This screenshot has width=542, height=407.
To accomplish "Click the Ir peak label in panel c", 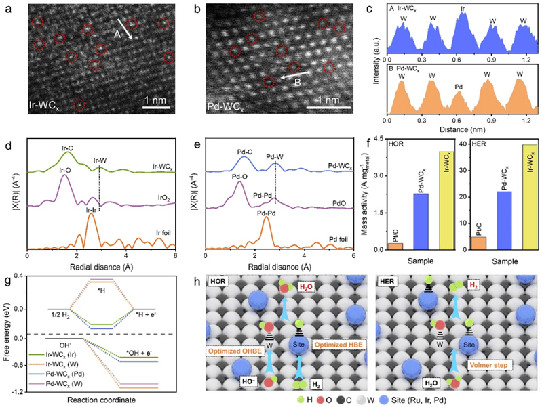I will (x=463, y=11).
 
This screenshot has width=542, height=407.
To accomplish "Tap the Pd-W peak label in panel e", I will (x=275, y=156).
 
